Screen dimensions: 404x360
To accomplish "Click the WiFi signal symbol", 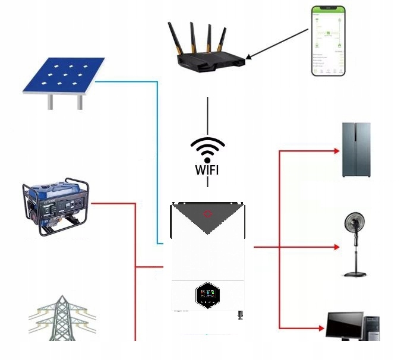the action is click(207, 149).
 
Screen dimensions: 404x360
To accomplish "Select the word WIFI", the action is click(207, 170).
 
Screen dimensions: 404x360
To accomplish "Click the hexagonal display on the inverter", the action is click(207, 295).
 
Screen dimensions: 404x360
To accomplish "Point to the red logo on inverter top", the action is click(207, 212).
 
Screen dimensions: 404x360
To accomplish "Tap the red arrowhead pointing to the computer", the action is click(321, 328).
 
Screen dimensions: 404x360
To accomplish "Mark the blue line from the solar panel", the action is click(157, 160).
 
